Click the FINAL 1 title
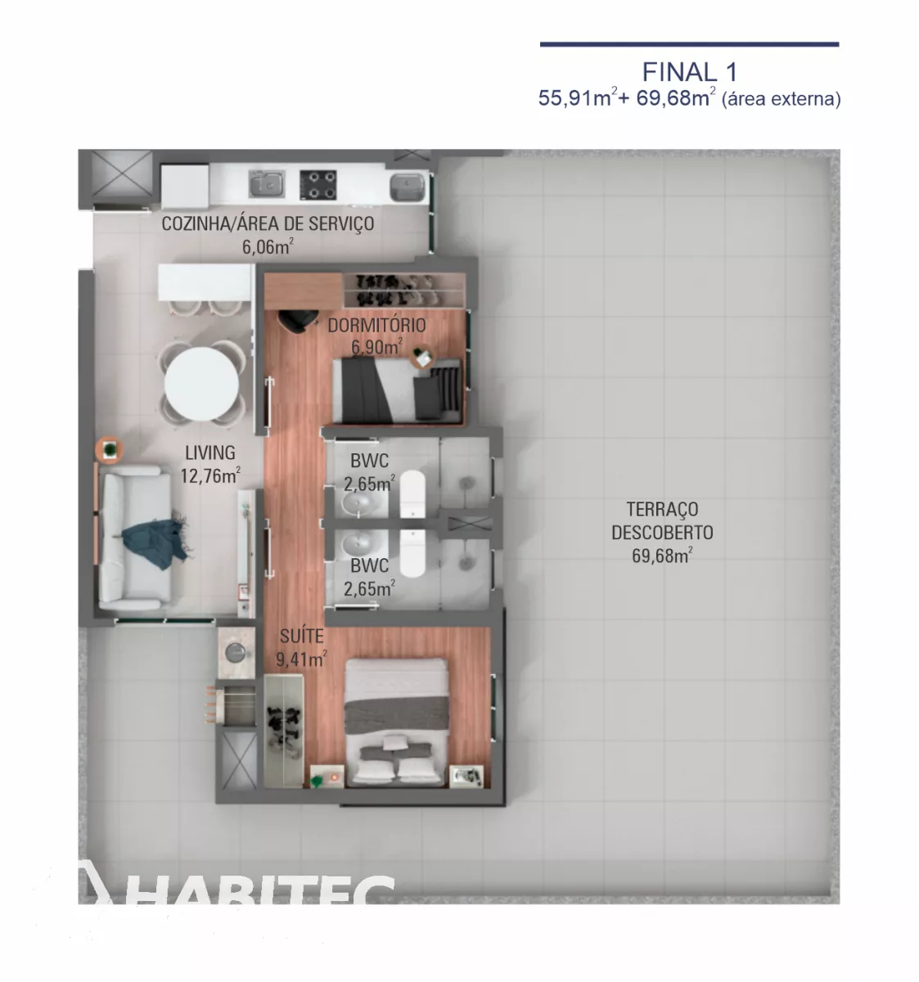point(690,72)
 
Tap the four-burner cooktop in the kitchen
point(318,185)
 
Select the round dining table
point(201,384)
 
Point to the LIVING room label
point(210,453)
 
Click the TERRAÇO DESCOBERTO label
point(662,521)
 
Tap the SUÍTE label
point(302,637)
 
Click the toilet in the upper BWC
point(412,494)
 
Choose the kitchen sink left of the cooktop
point(267,184)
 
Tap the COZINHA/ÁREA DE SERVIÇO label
point(268,224)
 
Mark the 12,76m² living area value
point(210,475)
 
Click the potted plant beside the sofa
point(110,449)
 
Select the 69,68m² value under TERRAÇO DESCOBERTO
point(662,556)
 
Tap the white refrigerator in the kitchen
point(184,187)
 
